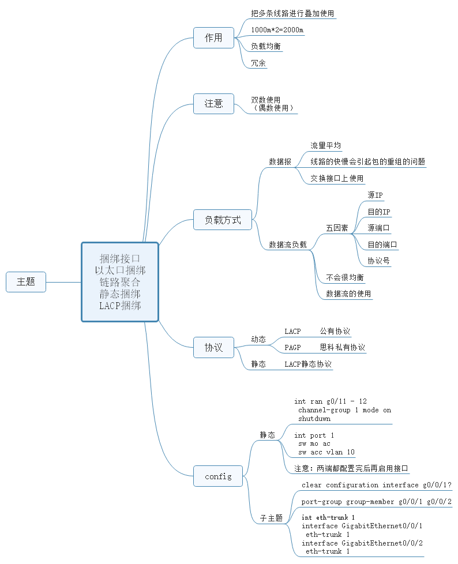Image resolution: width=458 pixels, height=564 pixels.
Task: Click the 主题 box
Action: click(26, 282)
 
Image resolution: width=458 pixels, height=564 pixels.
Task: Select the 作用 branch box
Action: click(213, 38)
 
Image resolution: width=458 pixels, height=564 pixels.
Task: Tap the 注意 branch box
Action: click(213, 104)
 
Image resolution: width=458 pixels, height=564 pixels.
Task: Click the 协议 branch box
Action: click(213, 348)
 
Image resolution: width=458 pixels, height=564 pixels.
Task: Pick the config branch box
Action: click(218, 476)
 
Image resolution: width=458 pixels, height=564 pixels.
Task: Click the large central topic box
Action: click(119, 282)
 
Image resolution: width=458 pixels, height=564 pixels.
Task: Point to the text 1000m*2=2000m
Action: click(277, 29)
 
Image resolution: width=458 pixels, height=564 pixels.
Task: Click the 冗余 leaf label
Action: click(258, 63)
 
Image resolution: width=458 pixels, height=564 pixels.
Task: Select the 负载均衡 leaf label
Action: click(266, 46)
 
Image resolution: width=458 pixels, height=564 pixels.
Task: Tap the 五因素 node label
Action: click(337, 228)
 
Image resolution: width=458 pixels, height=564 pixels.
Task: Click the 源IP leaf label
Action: click(375, 195)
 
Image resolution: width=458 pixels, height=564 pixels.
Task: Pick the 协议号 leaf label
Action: click(378, 261)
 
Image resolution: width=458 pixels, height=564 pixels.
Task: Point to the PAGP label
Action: click(292, 348)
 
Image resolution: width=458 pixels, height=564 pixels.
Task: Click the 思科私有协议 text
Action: click(342, 348)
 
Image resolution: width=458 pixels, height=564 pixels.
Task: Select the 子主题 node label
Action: click(271, 518)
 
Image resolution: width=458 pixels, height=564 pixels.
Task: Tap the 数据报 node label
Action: click(280, 161)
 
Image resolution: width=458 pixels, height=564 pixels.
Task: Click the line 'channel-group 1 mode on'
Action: click(344, 410)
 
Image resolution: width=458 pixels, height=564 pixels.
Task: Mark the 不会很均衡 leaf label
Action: click(344, 277)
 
